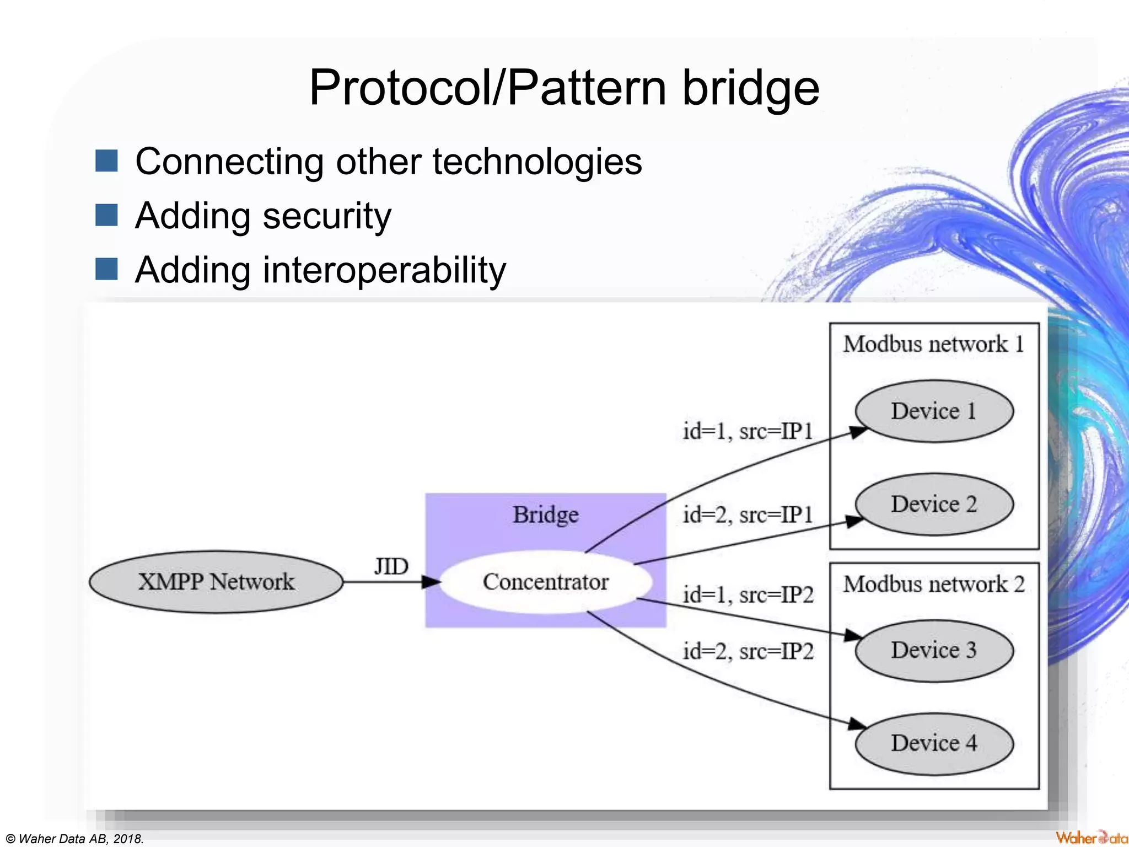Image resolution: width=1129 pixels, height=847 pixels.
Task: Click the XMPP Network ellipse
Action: point(216,582)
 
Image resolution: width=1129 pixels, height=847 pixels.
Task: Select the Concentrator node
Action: point(546,582)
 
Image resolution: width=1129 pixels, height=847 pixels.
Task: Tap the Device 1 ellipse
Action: point(934,411)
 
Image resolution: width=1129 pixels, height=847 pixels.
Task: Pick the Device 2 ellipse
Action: point(934,504)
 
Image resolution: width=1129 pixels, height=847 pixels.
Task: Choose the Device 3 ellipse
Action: point(934,650)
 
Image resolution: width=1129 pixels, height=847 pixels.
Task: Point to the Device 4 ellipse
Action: point(934,743)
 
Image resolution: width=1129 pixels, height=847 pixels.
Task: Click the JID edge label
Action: point(391,566)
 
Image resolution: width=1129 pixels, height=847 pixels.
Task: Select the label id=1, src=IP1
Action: point(748,431)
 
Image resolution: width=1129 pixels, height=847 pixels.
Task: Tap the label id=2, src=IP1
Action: point(748,515)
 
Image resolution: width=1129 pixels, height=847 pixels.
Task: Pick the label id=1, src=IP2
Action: point(748,595)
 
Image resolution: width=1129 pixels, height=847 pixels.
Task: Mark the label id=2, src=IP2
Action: point(748,652)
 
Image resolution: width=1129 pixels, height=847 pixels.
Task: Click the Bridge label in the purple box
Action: point(546,514)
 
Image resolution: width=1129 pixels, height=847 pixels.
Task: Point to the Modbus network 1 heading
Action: point(934,344)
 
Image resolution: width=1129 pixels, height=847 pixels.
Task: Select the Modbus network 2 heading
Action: point(934,584)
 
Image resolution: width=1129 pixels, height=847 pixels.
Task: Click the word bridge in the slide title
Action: point(751,88)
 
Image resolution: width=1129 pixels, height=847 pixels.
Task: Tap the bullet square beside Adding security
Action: point(106,215)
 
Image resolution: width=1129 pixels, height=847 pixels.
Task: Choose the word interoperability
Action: point(384,270)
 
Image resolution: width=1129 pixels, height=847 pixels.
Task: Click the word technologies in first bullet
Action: point(537,162)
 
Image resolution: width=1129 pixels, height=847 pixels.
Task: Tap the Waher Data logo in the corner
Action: point(1092,838)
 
